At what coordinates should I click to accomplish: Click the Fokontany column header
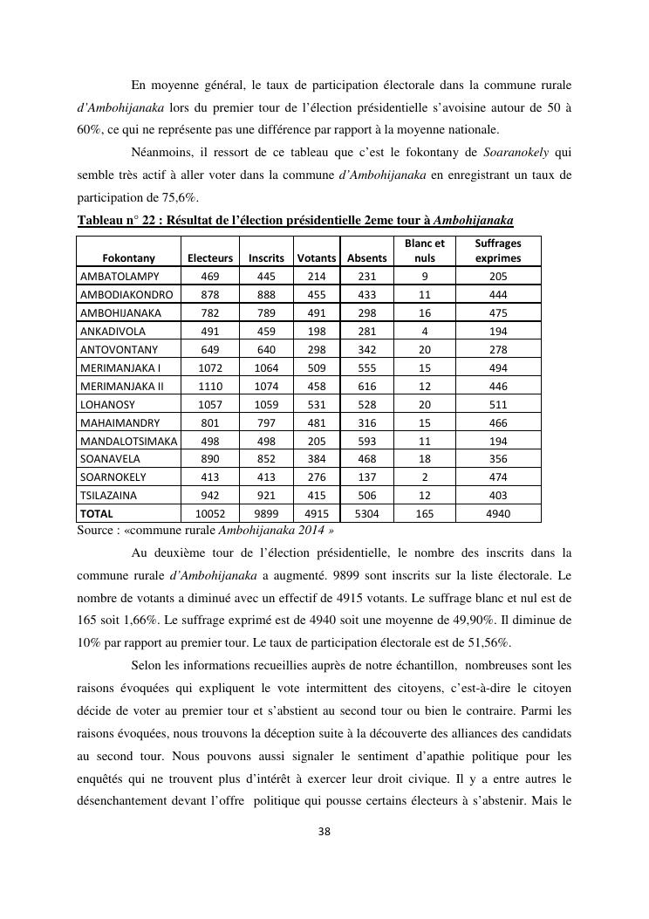(129, 258)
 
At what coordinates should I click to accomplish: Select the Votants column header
(317, 258)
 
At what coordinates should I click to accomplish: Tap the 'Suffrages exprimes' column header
(498, 251)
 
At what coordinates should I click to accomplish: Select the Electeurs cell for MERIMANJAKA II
(210, 386)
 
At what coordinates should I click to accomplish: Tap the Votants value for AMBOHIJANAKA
(317, 313)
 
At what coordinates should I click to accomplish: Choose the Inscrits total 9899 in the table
(266, 514)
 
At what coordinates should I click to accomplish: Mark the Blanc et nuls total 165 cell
(425, 514)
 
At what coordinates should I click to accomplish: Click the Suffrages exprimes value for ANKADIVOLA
(498, 332)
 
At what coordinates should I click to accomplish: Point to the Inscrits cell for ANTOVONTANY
(266, 350)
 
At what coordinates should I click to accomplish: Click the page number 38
(324, 831)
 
